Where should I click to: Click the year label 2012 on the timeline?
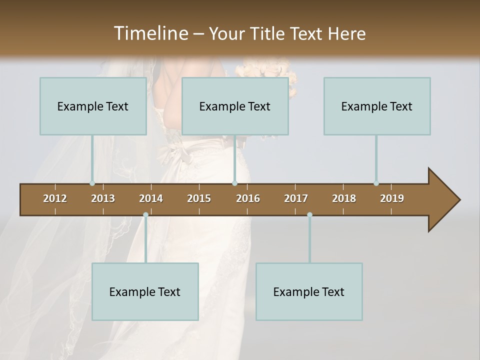(x=55, y=198)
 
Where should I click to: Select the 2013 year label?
(x=103, y=198)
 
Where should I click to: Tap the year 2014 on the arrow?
(x=151, y=198)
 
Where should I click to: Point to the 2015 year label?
(x=199, y=198)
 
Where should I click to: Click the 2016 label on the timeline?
(x=248, y=198)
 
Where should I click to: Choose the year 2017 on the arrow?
(x=296, y=198)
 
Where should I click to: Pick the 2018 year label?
(x=344, y=198)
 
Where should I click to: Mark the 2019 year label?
(x=392, y=198)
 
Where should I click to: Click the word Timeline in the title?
(x=150, y=33)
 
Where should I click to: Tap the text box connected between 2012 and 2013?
(x=93, y=106)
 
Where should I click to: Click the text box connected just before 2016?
(x=235, y=106)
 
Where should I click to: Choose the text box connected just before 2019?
(x=377, y=106)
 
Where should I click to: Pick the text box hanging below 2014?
(x=145, y=292)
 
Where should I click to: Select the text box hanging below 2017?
(x=309, y=292)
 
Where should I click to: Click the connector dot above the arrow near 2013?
(x=92, y=183)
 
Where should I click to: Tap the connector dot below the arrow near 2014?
(x=145, y=215)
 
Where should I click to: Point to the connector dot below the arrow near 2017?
(x=309, y=215)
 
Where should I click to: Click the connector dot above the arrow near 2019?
(x=376, y=183)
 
